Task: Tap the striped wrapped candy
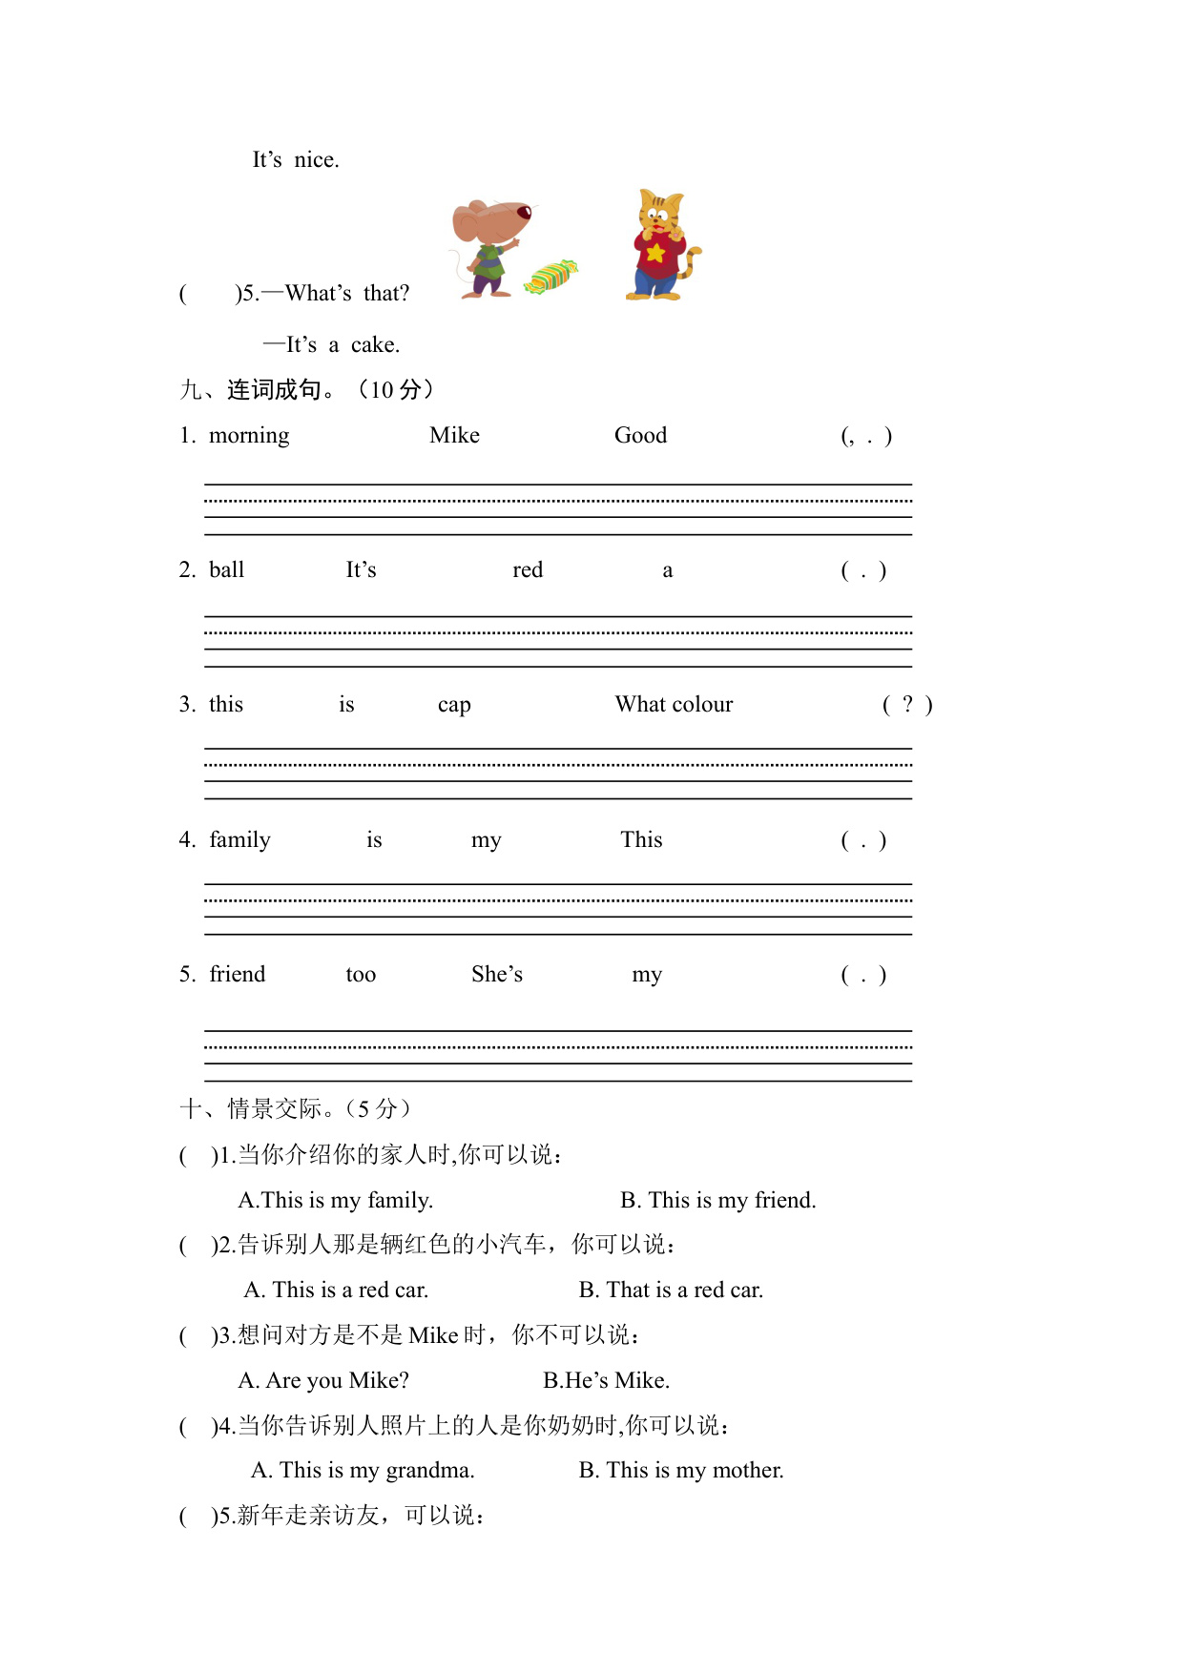550,277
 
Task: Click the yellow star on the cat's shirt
655,253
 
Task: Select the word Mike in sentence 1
454,436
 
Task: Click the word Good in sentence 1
640,436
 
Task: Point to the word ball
227,570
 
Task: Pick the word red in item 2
528,570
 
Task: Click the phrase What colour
674,705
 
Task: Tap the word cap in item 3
454,706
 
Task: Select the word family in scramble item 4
239,840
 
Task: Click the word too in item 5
361,975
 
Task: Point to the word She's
497,974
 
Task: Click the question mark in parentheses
907,704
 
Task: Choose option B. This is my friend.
718,1200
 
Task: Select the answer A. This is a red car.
337,1290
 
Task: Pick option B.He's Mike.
607,1380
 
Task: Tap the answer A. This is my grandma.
363,1470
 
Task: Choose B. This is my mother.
681,1470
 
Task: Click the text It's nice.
296,160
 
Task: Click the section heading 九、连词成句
258,389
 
